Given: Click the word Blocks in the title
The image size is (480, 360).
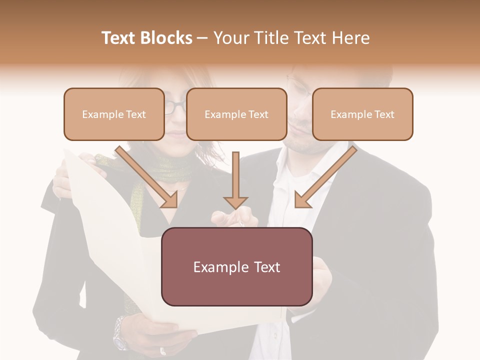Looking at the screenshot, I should pyautogui.click(x=167, y=38).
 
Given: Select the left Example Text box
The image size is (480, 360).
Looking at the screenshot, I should pyautogui.click(x=114, y=114).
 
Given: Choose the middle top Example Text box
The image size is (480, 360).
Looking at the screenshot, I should pyautogui.click(x=236, y=114).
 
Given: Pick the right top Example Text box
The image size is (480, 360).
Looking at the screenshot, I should pyautogui.click(x=362, y=114).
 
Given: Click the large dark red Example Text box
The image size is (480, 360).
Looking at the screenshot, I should pyautogui.click(x=236, y=267).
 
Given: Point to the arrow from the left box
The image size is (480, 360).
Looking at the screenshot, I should pyautogui.click(x=147, y=177).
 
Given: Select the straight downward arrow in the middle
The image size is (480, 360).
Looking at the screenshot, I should pyautogui.click(x=235, y=180).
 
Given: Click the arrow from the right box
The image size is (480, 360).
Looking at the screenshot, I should pyautogui.click(x=325, y=177).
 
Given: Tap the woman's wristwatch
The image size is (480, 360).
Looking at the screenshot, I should pyautogui.click(x=120, y=333).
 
